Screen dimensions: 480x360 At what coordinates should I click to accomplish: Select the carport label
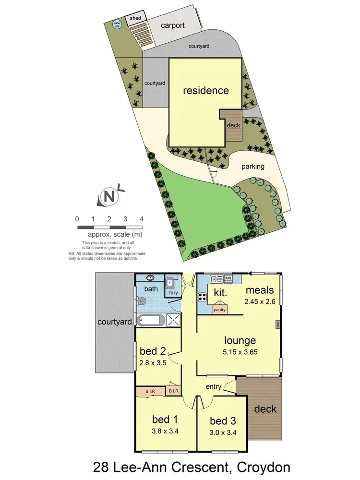[172, 25]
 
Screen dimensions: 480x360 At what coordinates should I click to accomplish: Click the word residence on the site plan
[206, 90]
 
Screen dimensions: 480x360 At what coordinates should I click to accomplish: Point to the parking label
[253, 167]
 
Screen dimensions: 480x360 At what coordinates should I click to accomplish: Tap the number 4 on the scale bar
[141, 219]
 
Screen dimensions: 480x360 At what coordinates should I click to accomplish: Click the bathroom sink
[151, 277]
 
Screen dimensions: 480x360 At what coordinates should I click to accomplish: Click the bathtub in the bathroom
[151, 320]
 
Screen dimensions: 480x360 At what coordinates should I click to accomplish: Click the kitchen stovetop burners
[202, 296]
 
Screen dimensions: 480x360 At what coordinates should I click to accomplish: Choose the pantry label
[220, 310]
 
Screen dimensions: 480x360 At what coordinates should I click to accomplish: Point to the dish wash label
[228, 278]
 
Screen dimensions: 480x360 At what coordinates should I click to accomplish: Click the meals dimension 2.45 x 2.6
[259, 302]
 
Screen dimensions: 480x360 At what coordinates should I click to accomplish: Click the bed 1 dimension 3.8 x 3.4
[165, 431]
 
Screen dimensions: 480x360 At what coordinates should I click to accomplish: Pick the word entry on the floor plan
[214, 387]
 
